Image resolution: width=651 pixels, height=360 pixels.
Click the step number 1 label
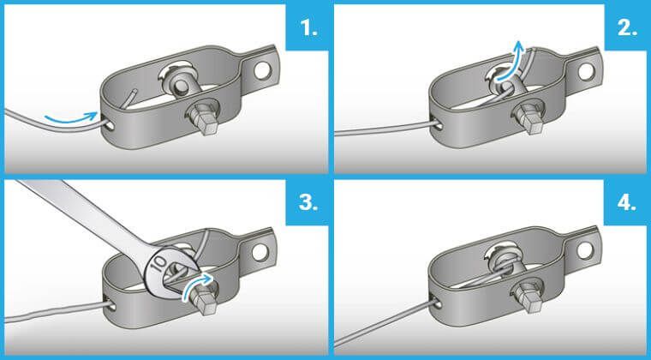pyautogui.click(x=308, y=28)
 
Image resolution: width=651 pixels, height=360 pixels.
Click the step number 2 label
pyautogui.click(x=627, y=28)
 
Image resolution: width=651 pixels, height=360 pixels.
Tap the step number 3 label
pyautogui.click(x=308, y=203)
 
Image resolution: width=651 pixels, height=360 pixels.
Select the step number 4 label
pyautogui.click(x=627, y=203)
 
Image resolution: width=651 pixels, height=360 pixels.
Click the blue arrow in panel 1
pyautogui.click(x=71, y=119)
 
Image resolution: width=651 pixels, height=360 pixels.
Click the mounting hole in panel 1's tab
pyautogui.click(x=261, y=71)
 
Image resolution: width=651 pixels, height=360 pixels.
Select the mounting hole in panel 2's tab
pyautogui.click(x=585, y=71)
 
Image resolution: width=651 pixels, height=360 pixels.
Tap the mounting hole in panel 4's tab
pyautogui.click(x=584, y=249)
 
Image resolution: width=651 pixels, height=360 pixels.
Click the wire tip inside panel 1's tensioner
pyautogui.click(x=135, y=90)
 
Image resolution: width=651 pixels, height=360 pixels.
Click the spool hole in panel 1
pyautogui.click(x=182, y=86)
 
